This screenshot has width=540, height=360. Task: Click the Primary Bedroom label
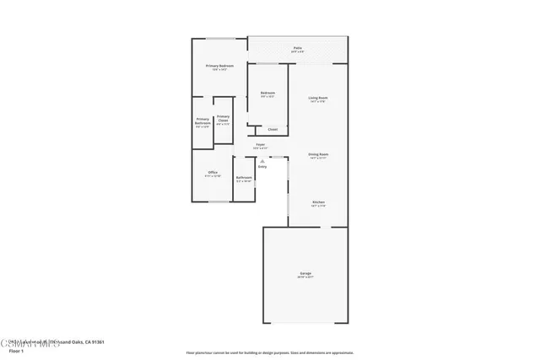tap(219, 65)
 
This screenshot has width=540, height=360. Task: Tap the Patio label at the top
tap(297, 49)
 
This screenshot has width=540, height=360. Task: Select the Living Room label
tap(317, 99)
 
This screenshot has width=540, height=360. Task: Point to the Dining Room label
tap(317, 155)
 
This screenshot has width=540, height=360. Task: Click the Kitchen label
tap(318, 202)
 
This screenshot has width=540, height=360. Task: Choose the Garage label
tap(305, 273)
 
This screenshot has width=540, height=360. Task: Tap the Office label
tap(213, 173)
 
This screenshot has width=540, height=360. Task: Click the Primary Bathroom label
tap(202, 121)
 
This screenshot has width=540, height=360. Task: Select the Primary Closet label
tap(223, 118)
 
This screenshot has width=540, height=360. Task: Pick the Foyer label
tap(262, 145)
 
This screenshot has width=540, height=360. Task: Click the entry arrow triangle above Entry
tap(262, 159)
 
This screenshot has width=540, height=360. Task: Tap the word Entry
tap(262, 166)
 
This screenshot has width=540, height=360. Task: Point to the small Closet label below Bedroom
tap(272, 129)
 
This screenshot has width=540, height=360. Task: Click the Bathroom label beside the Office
tap(244, 177)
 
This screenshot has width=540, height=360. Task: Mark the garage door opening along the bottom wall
tap(305, 323)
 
